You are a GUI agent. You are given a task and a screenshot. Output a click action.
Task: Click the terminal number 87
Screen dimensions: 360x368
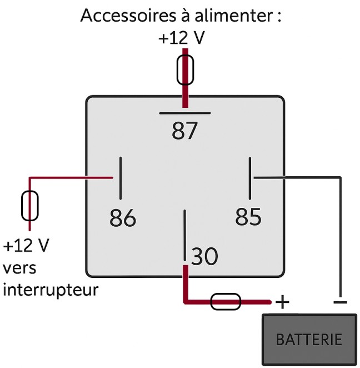(x=184, y=131)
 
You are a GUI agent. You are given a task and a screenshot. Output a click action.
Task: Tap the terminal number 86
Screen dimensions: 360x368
(x=123, y=217)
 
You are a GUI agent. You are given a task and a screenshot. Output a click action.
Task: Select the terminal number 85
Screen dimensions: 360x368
(x=248, y=216)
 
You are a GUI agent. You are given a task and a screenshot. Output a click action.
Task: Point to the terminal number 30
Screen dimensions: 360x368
(x=204, y=256)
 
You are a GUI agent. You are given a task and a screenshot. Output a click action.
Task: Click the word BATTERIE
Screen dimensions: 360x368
(x=309, y=339)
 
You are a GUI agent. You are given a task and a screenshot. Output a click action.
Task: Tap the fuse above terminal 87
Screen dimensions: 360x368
(x=185, y=69)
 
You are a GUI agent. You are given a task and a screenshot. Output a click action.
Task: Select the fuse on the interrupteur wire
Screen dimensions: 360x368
(x=30, y=206)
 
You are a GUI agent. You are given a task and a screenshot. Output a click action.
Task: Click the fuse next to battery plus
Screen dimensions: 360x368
(x=226, y=302)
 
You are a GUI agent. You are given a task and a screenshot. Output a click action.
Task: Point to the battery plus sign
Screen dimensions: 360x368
(x=282, y=302)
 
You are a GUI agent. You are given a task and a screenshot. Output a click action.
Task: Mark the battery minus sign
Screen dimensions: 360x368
(x=340, y=302)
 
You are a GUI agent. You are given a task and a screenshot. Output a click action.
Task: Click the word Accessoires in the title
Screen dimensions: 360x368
(x=128, y=16)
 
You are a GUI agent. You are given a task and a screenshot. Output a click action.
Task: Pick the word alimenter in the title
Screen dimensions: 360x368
(x=233, y=15)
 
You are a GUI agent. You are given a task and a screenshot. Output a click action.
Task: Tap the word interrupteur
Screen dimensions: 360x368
(x=51, y=290)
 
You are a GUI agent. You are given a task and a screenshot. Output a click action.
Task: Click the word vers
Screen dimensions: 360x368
(x=19, y=268)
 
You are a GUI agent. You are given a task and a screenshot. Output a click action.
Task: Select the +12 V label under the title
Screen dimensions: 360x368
(x=182, y=38)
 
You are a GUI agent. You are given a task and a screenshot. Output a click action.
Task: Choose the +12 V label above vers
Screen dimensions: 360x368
(x=26, y=246)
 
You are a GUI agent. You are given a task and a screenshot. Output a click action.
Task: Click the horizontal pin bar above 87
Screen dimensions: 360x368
(x=185, y=113)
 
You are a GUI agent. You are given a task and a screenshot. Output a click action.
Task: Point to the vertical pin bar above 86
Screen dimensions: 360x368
(x=121, y=178)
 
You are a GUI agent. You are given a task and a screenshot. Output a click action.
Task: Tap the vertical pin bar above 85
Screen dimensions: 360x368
(x=250, y=178)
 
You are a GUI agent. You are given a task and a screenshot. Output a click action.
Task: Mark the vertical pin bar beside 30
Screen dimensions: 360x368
(x=185, y=235)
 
